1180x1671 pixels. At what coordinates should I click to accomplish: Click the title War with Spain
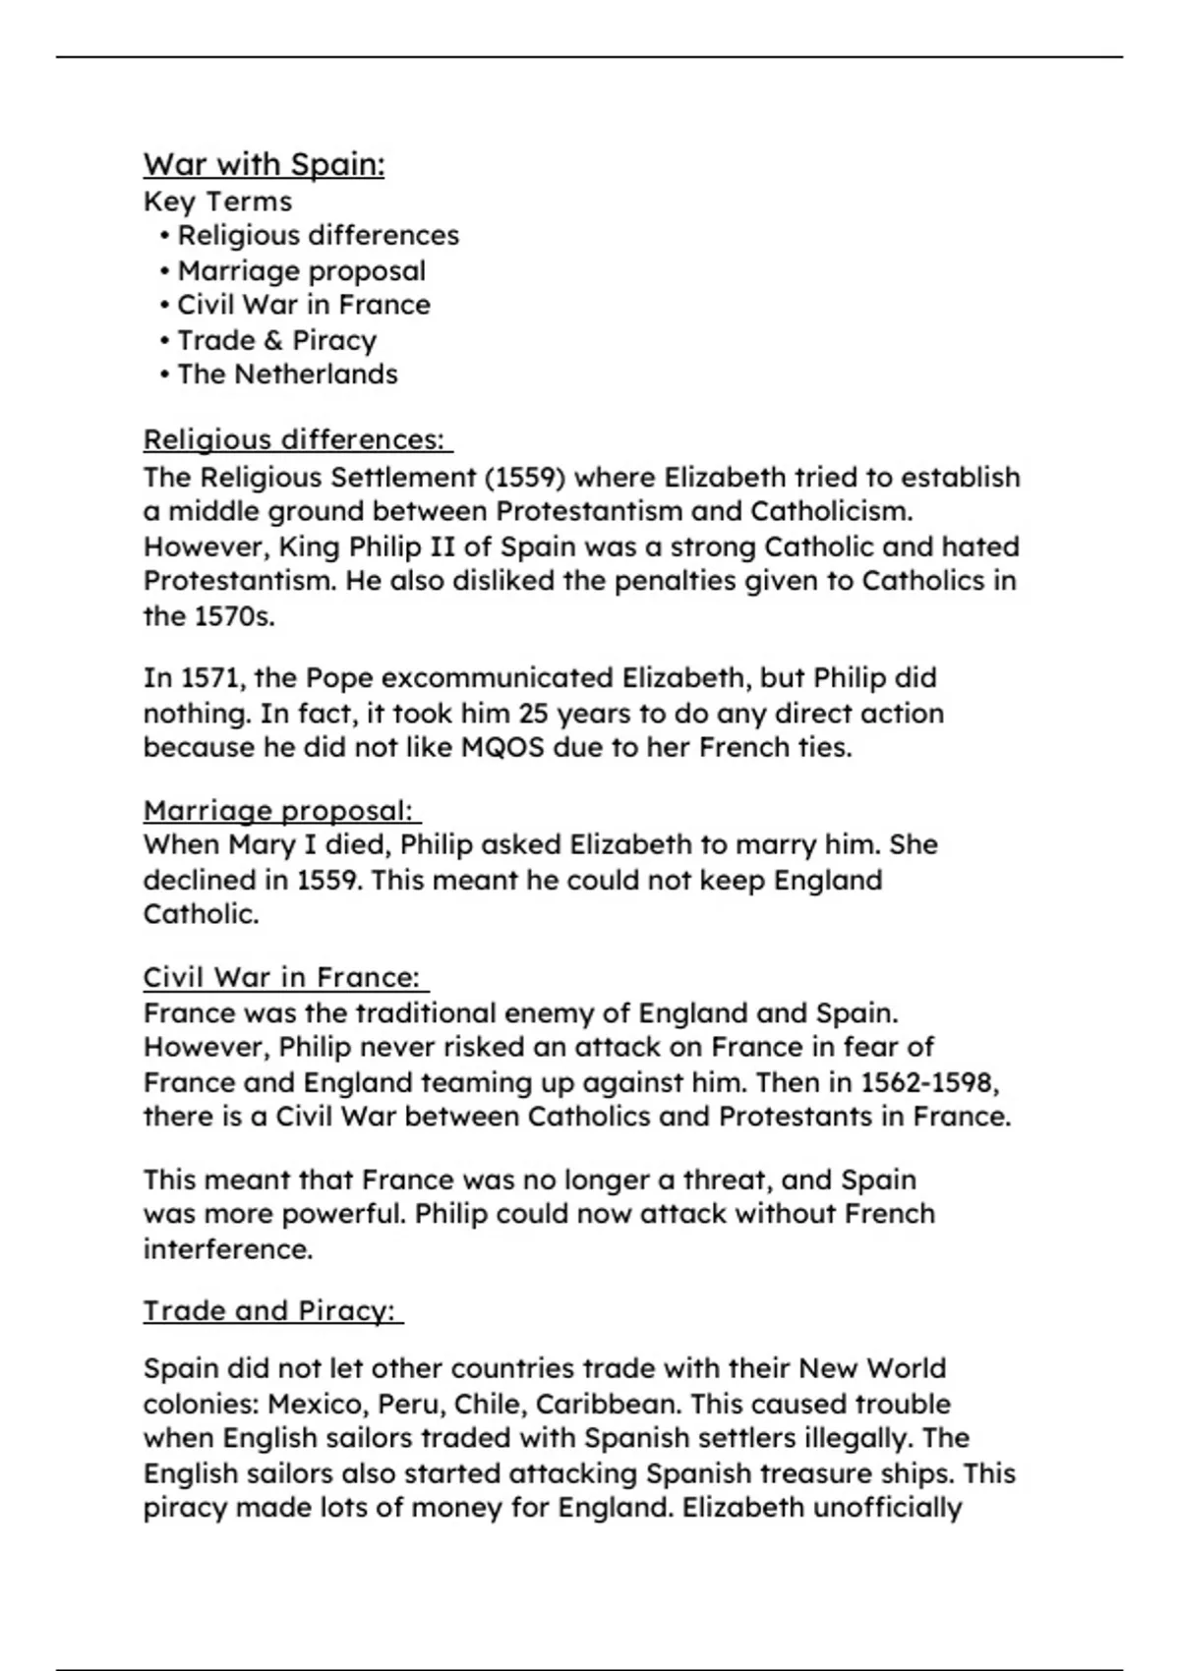pyautogui.click(x=264, y=164)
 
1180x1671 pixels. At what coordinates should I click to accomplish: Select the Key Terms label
pyautogui.click(x=217, y=202)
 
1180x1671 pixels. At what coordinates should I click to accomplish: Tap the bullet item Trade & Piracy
pyautogui.click(x=276, y=340)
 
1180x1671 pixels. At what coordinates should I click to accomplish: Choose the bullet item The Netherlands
pyautogui.click(x=287, y=375)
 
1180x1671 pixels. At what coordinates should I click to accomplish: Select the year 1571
pyautogui.click(x=204, y=678)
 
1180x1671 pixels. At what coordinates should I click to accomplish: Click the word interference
pyautogui.click(x=228, y=1249)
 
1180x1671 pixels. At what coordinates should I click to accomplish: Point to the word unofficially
pyautogui.click(x=887, y=1508)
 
